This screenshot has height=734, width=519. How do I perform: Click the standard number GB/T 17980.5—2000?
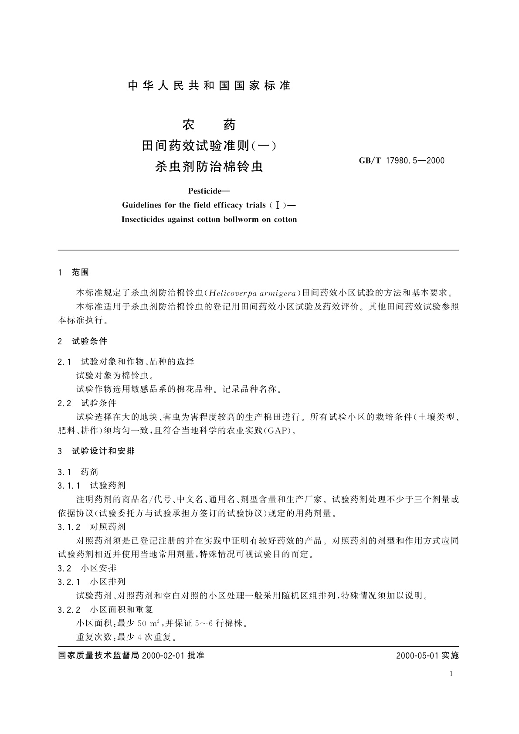401,160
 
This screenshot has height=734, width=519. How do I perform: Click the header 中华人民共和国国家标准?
209,86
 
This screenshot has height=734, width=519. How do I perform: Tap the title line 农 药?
209,125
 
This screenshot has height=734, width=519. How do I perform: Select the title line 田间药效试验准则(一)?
209,146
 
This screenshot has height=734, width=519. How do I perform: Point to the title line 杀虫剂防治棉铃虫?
209,166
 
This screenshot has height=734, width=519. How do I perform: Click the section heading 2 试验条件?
82,341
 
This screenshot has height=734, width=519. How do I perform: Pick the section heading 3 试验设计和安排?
96,451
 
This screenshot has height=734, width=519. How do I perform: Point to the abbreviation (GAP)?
277,431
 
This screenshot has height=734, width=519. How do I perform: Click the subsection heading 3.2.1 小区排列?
92,581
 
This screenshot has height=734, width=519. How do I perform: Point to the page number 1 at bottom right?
451,674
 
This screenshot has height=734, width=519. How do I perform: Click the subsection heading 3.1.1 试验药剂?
92,485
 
